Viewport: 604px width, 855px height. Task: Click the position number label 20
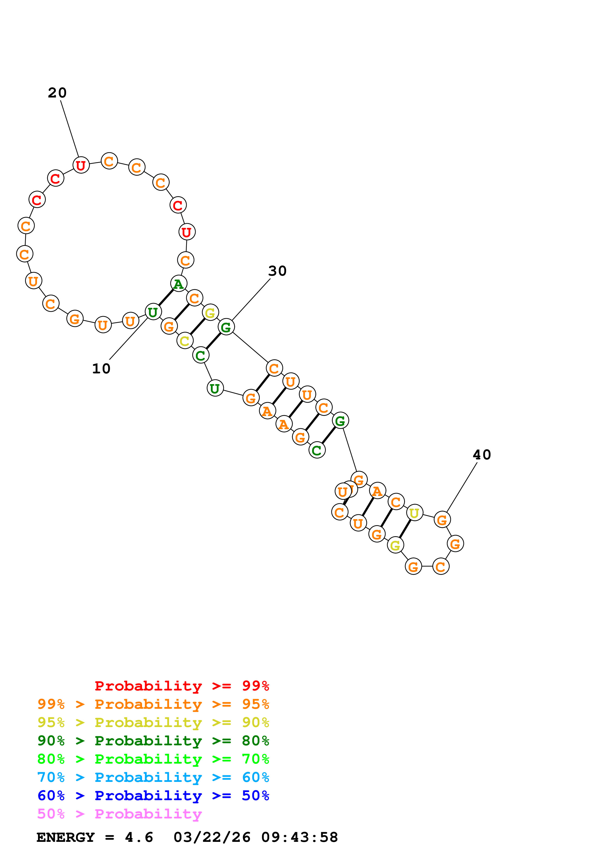(57, 93)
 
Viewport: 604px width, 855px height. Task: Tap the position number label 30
(277, 271)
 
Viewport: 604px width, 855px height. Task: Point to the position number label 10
(101, 369)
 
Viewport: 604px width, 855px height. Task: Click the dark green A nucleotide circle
(178, 284)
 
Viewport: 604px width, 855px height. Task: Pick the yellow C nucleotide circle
(185, 341)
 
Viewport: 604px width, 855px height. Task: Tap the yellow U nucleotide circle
(414, 513)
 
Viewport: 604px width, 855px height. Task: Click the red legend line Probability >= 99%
(182, 686)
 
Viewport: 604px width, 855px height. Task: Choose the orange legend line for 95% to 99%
(153, 704)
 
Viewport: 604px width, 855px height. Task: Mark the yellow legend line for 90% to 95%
(153, 722)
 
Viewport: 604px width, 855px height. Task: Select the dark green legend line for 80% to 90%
(153, 741)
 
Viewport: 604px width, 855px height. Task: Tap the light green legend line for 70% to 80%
(153, 759)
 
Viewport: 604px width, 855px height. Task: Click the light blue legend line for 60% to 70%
(153, 777)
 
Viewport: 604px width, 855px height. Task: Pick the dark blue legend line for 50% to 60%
(153, 796)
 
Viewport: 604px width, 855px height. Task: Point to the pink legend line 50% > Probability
(119, 814)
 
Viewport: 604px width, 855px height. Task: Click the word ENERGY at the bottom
(66, 837)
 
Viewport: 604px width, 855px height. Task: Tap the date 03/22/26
(212, 837)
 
